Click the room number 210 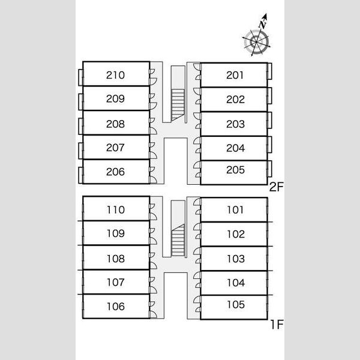click(115, 75)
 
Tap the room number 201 click(235, 75)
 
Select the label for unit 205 click(235, 170)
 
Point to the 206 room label click(115, 172)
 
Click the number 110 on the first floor click(116, 210)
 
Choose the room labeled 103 click(236, 259)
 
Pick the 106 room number click(116, 307)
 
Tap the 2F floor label click(276, 187)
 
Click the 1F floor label click(277, 325)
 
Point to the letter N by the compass click(263, 24)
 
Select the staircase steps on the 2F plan click(178, 105)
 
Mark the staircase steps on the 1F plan click(178, 240)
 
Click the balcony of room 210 click(80, 77)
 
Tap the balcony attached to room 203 click(270, 120)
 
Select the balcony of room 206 click(80, 175)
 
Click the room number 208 click(115, 124)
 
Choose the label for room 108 click(116, 259)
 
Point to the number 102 click(236, 234)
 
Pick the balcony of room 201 click(270, 71)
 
